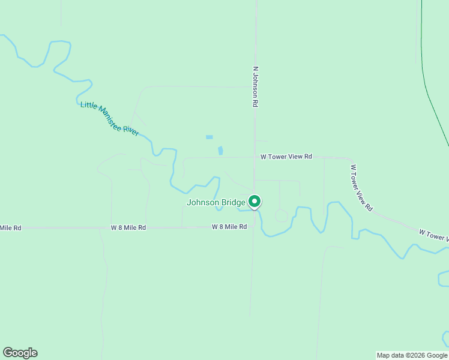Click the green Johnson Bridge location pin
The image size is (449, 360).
coord(255,202)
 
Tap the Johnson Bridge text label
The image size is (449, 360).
coord(216,202)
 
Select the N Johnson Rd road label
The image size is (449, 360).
coord(255,87)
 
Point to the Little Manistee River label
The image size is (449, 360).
coord(110,119)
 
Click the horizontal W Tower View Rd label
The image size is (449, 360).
coord(286,157)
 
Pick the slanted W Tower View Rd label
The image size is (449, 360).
coord(361,188)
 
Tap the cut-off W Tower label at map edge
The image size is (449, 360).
coord(433,235)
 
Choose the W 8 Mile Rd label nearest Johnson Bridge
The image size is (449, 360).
coord(229,227)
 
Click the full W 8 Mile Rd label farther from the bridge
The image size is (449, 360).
coord(128,228)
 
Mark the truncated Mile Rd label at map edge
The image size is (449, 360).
coord(11,228)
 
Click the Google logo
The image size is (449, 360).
coord(20,353)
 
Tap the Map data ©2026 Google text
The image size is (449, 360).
coord(412,355)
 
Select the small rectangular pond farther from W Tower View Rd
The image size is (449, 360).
coord(209,137)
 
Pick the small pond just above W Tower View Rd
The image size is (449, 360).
coord(220,150)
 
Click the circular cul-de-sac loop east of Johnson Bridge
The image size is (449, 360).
coord(281,215)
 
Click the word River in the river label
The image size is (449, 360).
coord(131,130)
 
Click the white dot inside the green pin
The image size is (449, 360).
coord(255,201)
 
